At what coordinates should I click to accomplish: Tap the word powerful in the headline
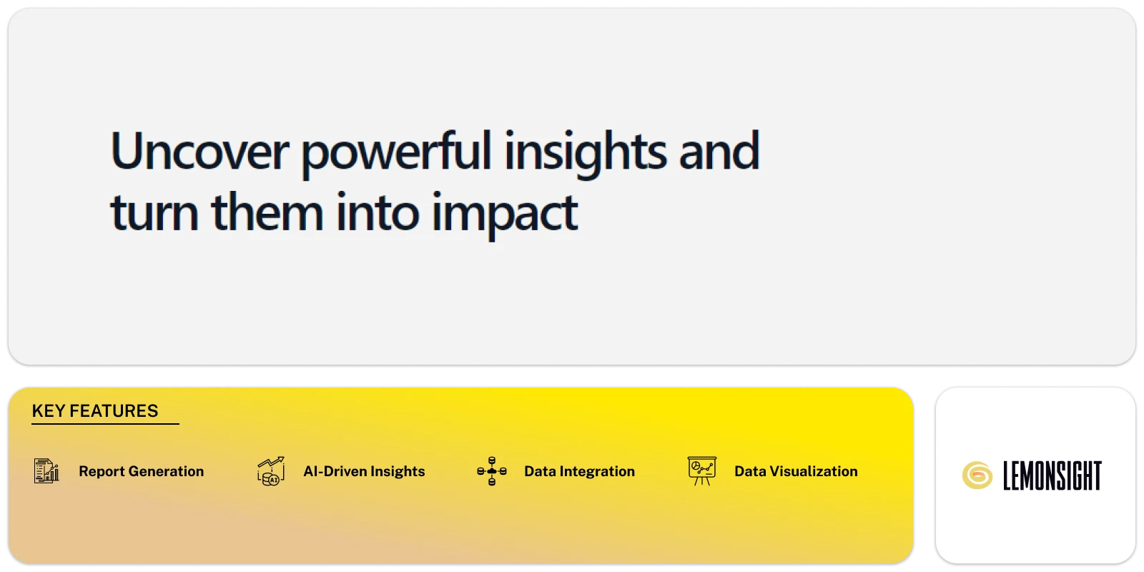click(x=396, y=152)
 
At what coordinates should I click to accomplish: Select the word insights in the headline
click(x=586, y=152)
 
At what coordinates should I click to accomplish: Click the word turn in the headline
click(x=154, y=212)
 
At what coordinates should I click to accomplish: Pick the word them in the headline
click(x=267, y=212)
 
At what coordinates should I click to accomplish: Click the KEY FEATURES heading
click(x=95, y=411)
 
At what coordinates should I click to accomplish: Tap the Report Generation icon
click(x=47, y=471)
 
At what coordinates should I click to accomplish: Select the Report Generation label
click(x=141, y=471)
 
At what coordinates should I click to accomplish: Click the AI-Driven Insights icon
click(x=271, y=471)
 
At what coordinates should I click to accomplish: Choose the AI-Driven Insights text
click(x=364, y=471)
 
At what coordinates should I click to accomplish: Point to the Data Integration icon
click(x=492, y=471)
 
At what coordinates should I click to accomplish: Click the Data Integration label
click(x=579, y=471)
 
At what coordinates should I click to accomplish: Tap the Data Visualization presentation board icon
click(x=701, y=470)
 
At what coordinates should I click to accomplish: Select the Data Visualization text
click(x=796, y=471)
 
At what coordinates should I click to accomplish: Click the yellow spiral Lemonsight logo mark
click(x=977, y=475)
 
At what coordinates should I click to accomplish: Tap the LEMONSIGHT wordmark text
click(x=1052, y=475)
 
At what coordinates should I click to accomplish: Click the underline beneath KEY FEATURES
click(x=105, y=424)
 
